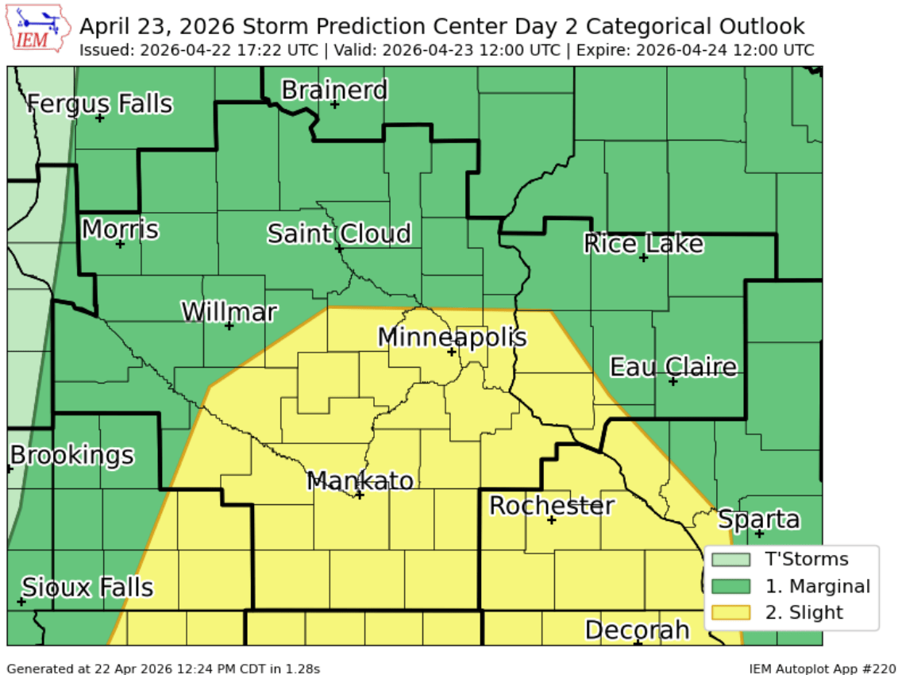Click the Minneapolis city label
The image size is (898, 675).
[x=451, y=337]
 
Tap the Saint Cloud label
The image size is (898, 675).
[x=339, y=233]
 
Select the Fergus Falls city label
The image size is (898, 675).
[x=100, y=103]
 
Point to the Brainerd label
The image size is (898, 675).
[x=334, y=90]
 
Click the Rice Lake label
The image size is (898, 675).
[x=643, y=243]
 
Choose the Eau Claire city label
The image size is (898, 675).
[x=673, y=367]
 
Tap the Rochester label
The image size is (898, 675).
[x=551, y=505]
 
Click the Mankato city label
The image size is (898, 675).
[x=360, y=480]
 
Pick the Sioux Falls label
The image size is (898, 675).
[x=87, y=588]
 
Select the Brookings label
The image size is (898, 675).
[x=72, y=455]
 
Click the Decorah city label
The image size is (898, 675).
[x=637, y=630]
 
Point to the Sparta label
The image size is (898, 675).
[x=758, y=519]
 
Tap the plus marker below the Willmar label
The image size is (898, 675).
[x=229, y=326]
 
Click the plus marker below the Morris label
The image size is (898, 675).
[x=120, y=244]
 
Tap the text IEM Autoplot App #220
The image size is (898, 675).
[x=822, y=669]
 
